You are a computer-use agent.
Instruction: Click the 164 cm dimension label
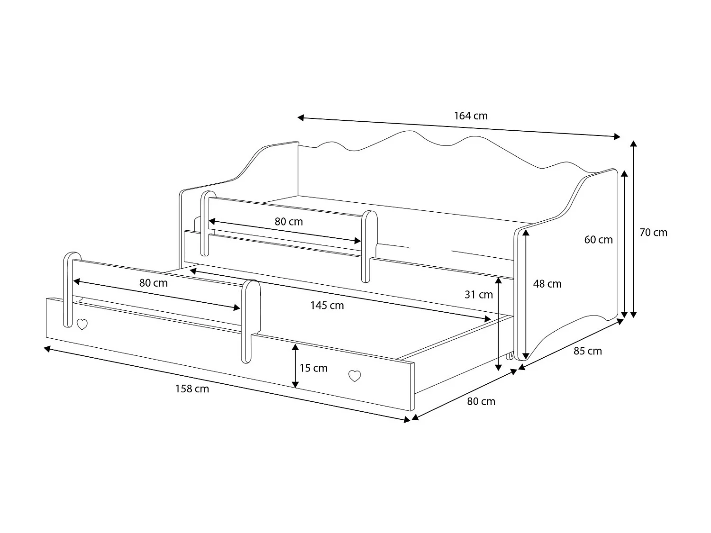(470, 116)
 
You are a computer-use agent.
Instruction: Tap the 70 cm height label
(653, 232)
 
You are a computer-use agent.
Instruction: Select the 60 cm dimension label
(598, 240)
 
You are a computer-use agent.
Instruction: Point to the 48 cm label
(547, 284)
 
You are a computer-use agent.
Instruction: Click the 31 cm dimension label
(478, 295)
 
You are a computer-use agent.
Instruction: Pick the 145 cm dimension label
(327, 306)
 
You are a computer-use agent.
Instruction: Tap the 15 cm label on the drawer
(313, 368)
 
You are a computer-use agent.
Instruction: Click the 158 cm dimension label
(192, 389)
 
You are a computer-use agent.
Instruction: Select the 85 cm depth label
(587, 351)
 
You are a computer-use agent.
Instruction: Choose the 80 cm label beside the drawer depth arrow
(481, 401)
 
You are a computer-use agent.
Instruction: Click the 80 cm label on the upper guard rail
(289, 222)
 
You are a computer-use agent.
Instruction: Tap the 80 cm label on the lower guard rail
(153, 283)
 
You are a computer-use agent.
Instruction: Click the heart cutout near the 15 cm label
(355, 376)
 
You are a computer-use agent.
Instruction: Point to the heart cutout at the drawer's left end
(82, 325)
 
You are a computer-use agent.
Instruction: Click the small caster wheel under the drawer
(510, 356)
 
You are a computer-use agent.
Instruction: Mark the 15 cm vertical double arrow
(295, 366)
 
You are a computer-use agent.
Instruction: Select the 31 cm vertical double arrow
(498, 324)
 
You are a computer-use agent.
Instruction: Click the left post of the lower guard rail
(68, 289)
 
